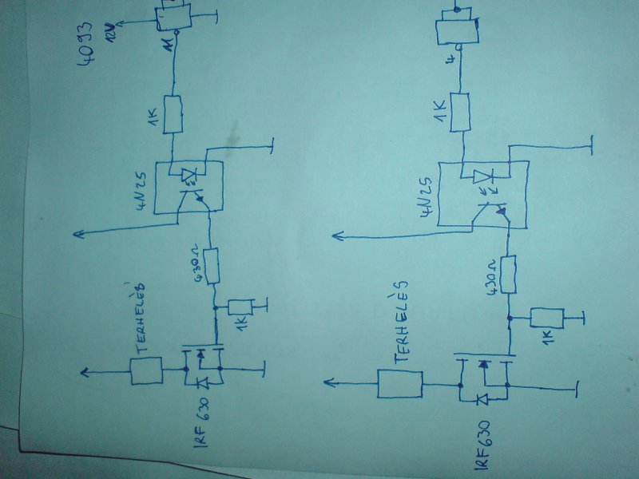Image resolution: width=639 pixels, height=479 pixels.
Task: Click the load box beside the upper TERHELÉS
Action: click(x=146, y=371)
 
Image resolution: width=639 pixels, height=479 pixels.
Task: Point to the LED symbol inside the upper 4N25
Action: click(x=188, y=175)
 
